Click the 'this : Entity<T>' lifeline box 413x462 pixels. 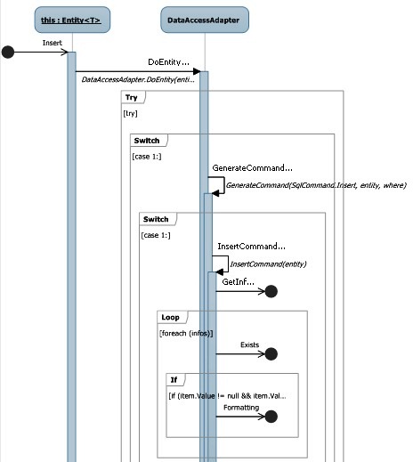tap(72, 20)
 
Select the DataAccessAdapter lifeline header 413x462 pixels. tap(205, 20)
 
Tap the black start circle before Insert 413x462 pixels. tap(8, 53)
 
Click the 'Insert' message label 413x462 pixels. tap(53, 43)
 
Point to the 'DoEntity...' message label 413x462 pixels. tap(168, 62)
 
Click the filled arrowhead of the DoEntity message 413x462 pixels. tap(197, 71)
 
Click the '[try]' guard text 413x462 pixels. tap(130, 113)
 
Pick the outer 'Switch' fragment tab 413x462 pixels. tap(149, 141)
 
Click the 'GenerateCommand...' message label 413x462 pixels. tap(253, 168)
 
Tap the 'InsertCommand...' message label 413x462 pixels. tap(252, 247)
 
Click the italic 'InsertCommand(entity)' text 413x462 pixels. tap(268, 264)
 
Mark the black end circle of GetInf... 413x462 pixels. tap(271, 291)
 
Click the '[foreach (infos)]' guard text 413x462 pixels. tap(186, 333)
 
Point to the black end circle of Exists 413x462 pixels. tap(271, 354)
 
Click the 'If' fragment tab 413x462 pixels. tap(175, 380)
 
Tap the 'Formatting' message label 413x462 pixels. tap(241, 408)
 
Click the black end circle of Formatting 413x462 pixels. tap(271, 417)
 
